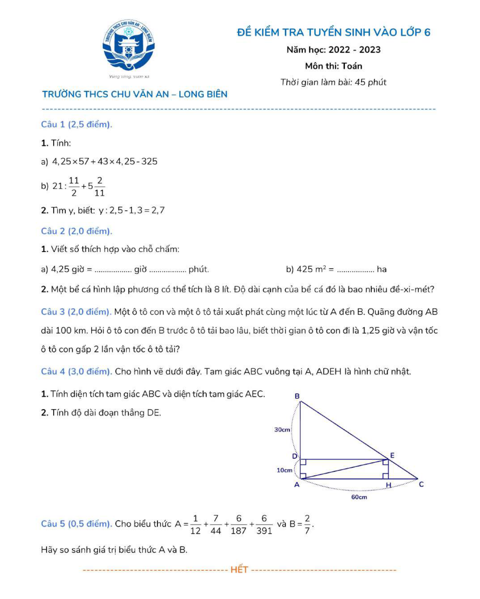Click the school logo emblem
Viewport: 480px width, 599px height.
coord(128,46)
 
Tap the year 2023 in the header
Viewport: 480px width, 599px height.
coord(370,50)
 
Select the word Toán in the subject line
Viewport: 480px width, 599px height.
coord(352,66)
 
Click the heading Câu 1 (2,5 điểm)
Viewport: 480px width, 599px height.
coord(76,124)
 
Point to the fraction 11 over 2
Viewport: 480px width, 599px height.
coord(74,186)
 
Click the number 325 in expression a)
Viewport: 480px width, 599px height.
coord(149,162)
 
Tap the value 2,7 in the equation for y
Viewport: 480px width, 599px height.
coord(158,210)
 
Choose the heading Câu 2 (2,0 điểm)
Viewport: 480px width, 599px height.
coord(76,231)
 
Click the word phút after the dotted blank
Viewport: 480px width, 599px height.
coord(199,269)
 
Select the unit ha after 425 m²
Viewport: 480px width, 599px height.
coord(381,269)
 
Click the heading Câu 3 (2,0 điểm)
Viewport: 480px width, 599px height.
coord(76,312)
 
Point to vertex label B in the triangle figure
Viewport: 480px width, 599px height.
coord(297,396)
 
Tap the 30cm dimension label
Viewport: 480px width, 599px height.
coord(282,430)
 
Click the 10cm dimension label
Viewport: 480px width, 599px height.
coord(284,470)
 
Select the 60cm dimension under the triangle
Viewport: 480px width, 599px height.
coord(359,497)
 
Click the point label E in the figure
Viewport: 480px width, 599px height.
coord(392,455)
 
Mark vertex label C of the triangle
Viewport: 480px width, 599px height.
coord(421,484)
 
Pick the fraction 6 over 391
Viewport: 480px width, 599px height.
coord(264,524)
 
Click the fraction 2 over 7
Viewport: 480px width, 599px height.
coord(307,524)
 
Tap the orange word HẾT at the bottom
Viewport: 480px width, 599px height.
coord(239,570)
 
